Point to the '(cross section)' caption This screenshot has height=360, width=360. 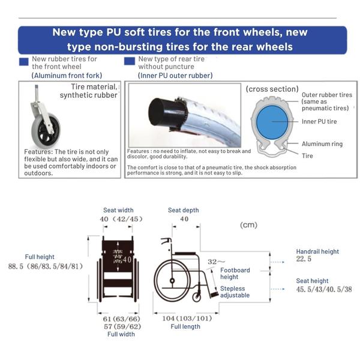click(x=272, y=89)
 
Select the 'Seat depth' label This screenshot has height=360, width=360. click(x=183, y=210)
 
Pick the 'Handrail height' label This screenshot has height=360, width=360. click(x=317, y=251)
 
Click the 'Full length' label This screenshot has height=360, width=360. click(x=185, y=326)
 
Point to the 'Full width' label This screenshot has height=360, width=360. click(x=121, y=334)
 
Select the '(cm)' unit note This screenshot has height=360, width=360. click(x=248, y=225)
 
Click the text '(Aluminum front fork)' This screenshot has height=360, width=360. click(x=67, y=75)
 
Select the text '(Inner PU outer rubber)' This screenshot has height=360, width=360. click(x=175, y=75)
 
